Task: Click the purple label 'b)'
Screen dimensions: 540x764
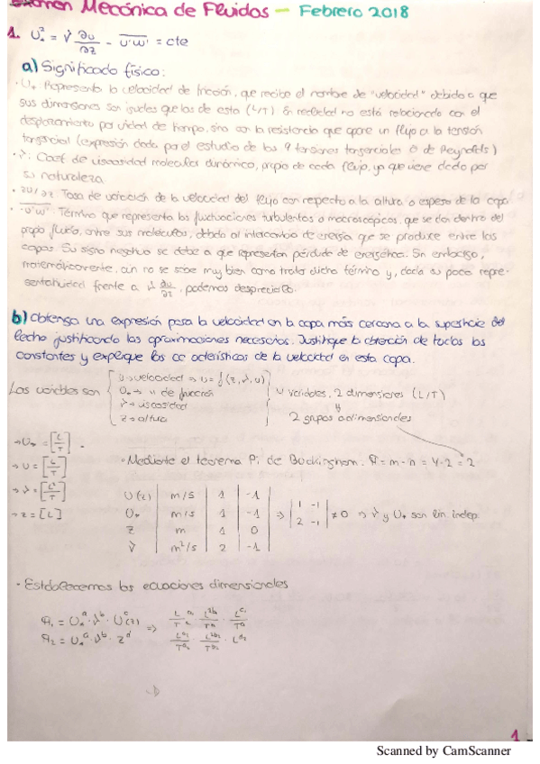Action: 20,319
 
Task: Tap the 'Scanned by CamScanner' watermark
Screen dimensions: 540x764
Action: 443,750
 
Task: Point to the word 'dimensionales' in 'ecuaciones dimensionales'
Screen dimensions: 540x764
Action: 238,583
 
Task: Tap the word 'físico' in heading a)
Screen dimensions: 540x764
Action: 142,70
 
